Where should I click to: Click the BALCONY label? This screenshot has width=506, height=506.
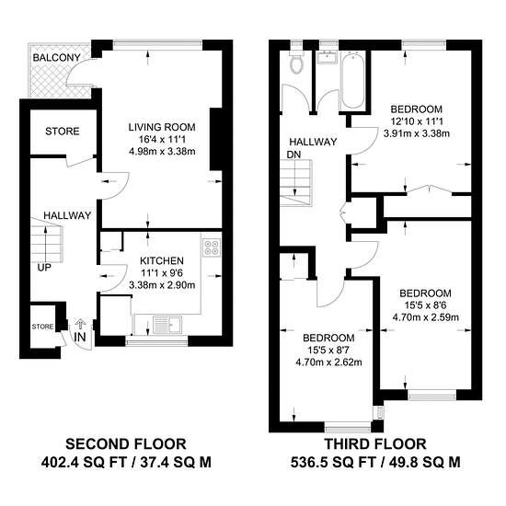click(x=56, y=58)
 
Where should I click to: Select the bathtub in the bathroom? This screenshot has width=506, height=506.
click(x=352, y=80)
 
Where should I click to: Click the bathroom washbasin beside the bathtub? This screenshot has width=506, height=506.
click(x=328, y=57)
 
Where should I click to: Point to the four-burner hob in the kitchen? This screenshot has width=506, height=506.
click(x=212, y=247)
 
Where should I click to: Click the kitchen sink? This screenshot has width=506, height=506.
click(x=167, y=325)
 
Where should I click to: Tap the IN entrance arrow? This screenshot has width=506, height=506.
click(x=80, y=323)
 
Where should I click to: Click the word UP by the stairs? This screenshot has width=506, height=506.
click(x=44, y=268)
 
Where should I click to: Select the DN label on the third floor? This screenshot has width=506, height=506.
click(x=293, y=155)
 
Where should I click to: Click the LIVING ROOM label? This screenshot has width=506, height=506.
click(x=162, y=127)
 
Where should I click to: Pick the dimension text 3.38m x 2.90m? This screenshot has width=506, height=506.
click(x=162, y=285)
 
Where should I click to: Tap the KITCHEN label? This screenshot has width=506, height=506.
click(x=162, y=260)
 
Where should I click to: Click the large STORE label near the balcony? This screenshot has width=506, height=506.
click(x=63, y=132)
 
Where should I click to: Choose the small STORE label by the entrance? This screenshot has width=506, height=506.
click(x=42, y=327)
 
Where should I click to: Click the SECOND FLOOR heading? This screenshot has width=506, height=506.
click(x=126, y=444)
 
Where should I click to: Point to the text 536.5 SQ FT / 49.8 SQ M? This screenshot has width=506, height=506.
click(x=375, y=463)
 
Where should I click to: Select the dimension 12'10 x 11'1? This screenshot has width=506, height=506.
click(x=417, y=121)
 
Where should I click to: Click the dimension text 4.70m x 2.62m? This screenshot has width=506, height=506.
click(x=328, y=362)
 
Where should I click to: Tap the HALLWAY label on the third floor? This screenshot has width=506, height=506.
click(x=313, y=142)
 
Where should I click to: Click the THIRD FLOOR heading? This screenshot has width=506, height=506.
click(x=375, y=444)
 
